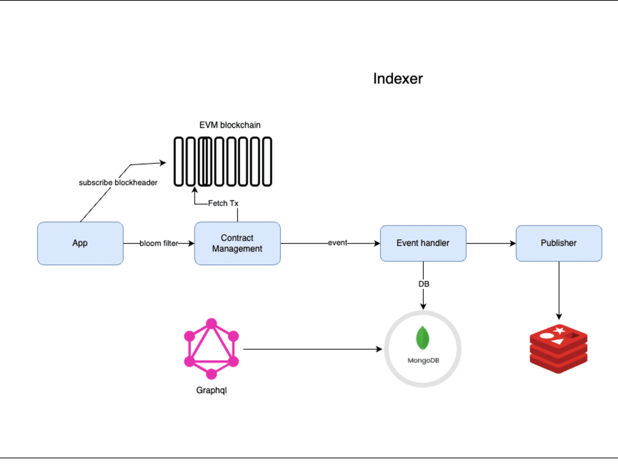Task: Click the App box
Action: [80, 243]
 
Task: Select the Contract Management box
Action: [237, 243]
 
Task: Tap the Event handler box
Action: [423, 243]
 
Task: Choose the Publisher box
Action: [559, 243]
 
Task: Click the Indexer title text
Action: [398, 79]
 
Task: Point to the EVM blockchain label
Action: [230, 125]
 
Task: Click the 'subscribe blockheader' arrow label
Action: [118, 183]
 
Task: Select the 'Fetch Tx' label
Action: [223, 203]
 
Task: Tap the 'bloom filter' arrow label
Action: [159, 243]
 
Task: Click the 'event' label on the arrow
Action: [337, 243]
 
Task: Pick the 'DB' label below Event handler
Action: [424, 284]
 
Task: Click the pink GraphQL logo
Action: [211, 349]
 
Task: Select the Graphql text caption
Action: [211, 391]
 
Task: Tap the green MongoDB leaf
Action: [423, 338]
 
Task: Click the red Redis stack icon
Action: [559, 349]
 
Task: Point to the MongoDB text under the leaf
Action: [423, 360]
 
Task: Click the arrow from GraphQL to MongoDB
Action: [313, 349]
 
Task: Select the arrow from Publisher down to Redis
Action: [559, 291]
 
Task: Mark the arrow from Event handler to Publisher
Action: [491, 243]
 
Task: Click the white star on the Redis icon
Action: [559, 330]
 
